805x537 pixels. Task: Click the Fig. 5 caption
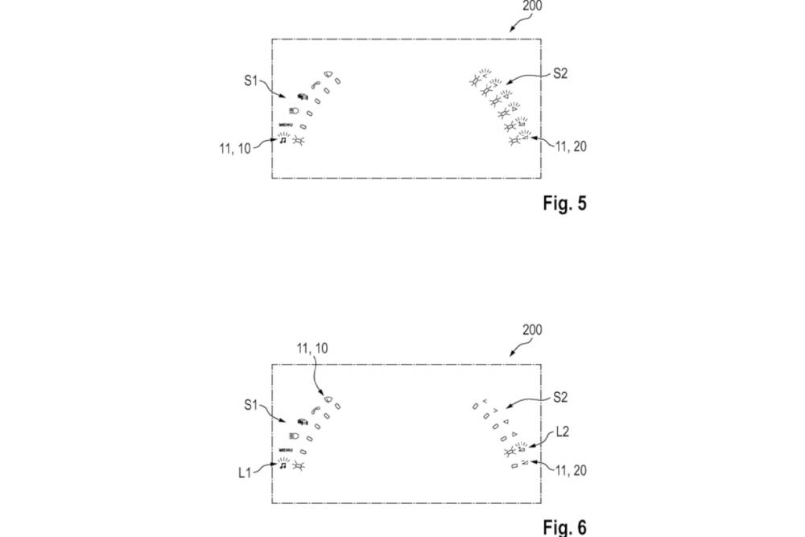(563, 204)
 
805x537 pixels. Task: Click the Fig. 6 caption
(563, 527)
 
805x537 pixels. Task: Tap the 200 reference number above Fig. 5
(531, 6)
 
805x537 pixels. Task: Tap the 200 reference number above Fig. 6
(531, 330)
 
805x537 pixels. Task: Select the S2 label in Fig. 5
(561, 73)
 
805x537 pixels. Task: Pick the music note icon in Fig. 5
(283, 139)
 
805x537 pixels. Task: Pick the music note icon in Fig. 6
(283, 465)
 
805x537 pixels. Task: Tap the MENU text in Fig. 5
(286, 125)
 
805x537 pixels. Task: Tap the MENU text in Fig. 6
(286, 450)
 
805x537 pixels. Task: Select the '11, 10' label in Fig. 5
(233, 147)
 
